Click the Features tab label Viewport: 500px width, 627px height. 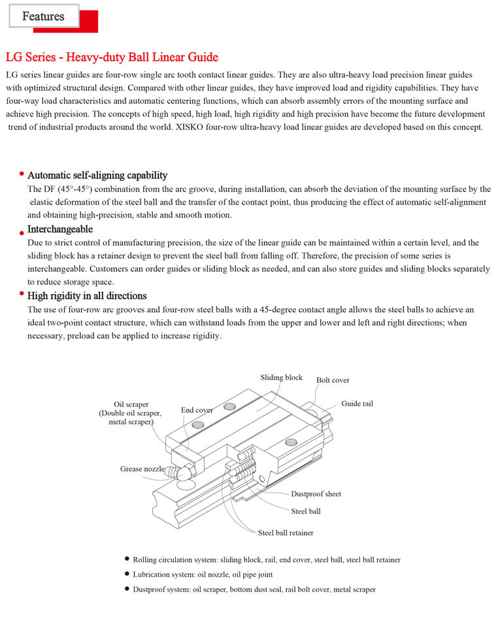tap(43, 16)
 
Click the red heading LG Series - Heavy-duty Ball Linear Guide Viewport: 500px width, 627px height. tap(112, 57)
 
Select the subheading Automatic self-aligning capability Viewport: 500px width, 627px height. tap(97, 175)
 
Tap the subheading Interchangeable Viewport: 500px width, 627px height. tap(60, 229)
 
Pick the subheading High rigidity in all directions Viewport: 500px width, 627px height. tap(87, 296)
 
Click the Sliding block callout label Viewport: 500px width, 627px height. tap(281, 378)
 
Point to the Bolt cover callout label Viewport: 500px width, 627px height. tap(333, 380)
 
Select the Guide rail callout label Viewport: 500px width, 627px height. tap(357, 404)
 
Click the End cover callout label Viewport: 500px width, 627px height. tap(197, 410)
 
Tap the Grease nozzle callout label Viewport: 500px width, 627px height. tap(142, 469)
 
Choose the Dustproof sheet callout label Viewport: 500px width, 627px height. tap(316, 494)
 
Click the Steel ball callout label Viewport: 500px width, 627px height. tap(306, 511)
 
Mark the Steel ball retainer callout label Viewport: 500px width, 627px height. tap(286, 533)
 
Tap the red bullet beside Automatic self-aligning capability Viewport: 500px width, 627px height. tap(22, 174)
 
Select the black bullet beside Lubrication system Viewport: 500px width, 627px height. tap(127, 573)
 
